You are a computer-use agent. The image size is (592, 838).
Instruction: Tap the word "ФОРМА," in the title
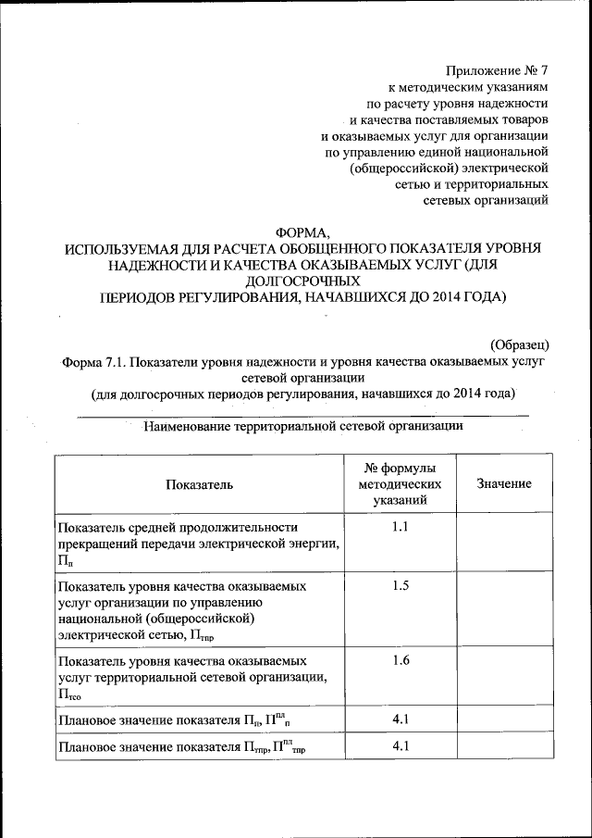[x=302, y=231]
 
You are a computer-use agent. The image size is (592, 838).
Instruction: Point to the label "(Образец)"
[x=520, y=344]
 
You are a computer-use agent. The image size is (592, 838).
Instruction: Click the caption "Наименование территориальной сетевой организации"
[x=302, y=427]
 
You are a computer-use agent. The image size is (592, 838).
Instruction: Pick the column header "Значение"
[x=504, y=484]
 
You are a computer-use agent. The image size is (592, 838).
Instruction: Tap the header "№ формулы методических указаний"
[x=400, y=484]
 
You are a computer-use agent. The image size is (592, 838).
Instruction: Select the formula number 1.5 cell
[x=400, y=586]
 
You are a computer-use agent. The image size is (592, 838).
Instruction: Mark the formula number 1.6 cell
[x=400, y=660]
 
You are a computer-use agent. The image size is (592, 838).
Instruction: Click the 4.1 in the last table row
[x=400, y=745]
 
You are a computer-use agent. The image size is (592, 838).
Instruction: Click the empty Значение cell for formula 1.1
[x=504, y=542]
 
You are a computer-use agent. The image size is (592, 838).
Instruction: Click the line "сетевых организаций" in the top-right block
[x=486, y=198]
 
